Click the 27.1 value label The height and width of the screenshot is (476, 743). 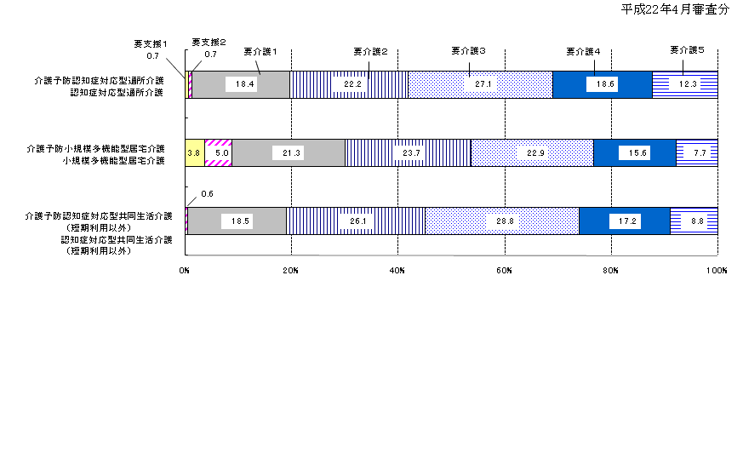click(x=483, y=84)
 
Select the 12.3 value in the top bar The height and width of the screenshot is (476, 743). click(x=688, y=84)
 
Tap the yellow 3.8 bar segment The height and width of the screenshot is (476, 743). click(x=195, y=152)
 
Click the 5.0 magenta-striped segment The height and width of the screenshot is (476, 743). click(x=219, y=152)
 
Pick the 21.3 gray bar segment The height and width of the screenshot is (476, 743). click(x=289, y=152)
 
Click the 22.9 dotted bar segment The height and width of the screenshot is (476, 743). click(x=532, y=152)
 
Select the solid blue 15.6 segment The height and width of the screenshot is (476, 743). click(x=635, y=152)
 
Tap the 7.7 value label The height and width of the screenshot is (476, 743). click(x=700, y=152)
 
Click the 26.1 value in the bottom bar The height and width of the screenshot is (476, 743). click(x=357, y=221)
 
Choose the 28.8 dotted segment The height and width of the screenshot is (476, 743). click(x=502, y=221)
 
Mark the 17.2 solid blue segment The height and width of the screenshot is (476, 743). click(x=625, y=221)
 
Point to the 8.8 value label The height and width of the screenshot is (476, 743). click(x=697, y=221)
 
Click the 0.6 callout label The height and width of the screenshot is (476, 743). click(x=207, y=194)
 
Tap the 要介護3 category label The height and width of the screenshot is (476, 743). click(x=468, y=51)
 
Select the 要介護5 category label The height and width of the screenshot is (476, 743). click(x=687, y=49)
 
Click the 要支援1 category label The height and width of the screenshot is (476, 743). click(x=151, y=44)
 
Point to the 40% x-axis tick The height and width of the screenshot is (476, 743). click(x=397, y=270)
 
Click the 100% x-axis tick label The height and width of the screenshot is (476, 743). click(x=717, y=270)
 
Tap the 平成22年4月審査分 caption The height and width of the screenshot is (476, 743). click(x=675, y=9)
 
